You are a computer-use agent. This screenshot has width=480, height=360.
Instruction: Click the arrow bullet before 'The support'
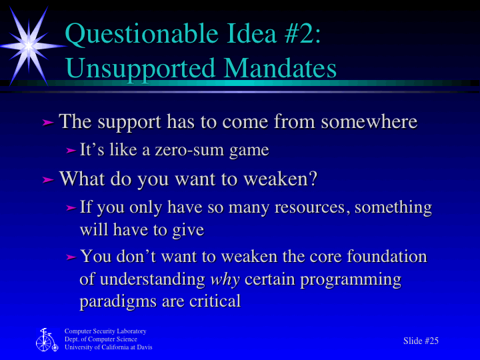[47, 123]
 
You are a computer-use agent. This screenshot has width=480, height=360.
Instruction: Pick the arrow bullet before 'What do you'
[47, 179]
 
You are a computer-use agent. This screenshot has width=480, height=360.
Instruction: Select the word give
[188, 230]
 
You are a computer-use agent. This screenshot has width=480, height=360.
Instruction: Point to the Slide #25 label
[421, 341]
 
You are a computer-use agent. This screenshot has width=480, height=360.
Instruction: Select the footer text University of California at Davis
[108, 347]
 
